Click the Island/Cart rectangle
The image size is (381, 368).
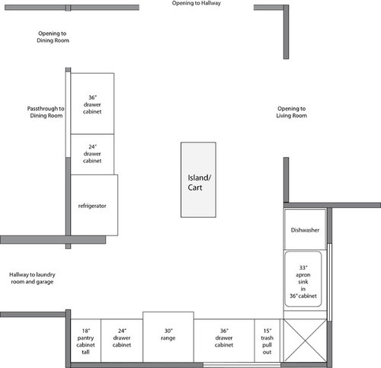198,180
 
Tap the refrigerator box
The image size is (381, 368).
94,205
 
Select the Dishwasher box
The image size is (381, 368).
305,229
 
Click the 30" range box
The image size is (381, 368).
168,337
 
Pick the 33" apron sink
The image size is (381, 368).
303,279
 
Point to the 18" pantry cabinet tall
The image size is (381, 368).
85,341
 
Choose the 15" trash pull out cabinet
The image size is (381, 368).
267,341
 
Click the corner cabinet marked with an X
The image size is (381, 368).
305,341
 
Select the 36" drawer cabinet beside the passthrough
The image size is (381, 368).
92,104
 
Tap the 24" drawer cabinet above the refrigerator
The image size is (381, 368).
92,155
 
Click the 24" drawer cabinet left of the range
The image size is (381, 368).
122,341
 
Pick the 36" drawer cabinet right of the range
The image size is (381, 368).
224,341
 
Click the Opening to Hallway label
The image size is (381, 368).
197,3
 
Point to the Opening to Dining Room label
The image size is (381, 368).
53,37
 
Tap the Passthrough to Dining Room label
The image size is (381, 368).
46,112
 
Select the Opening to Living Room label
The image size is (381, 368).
292,112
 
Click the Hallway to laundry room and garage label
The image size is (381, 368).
32,278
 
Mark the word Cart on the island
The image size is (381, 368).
195,187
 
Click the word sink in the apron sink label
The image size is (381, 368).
303,282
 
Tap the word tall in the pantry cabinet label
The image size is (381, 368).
85,352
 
